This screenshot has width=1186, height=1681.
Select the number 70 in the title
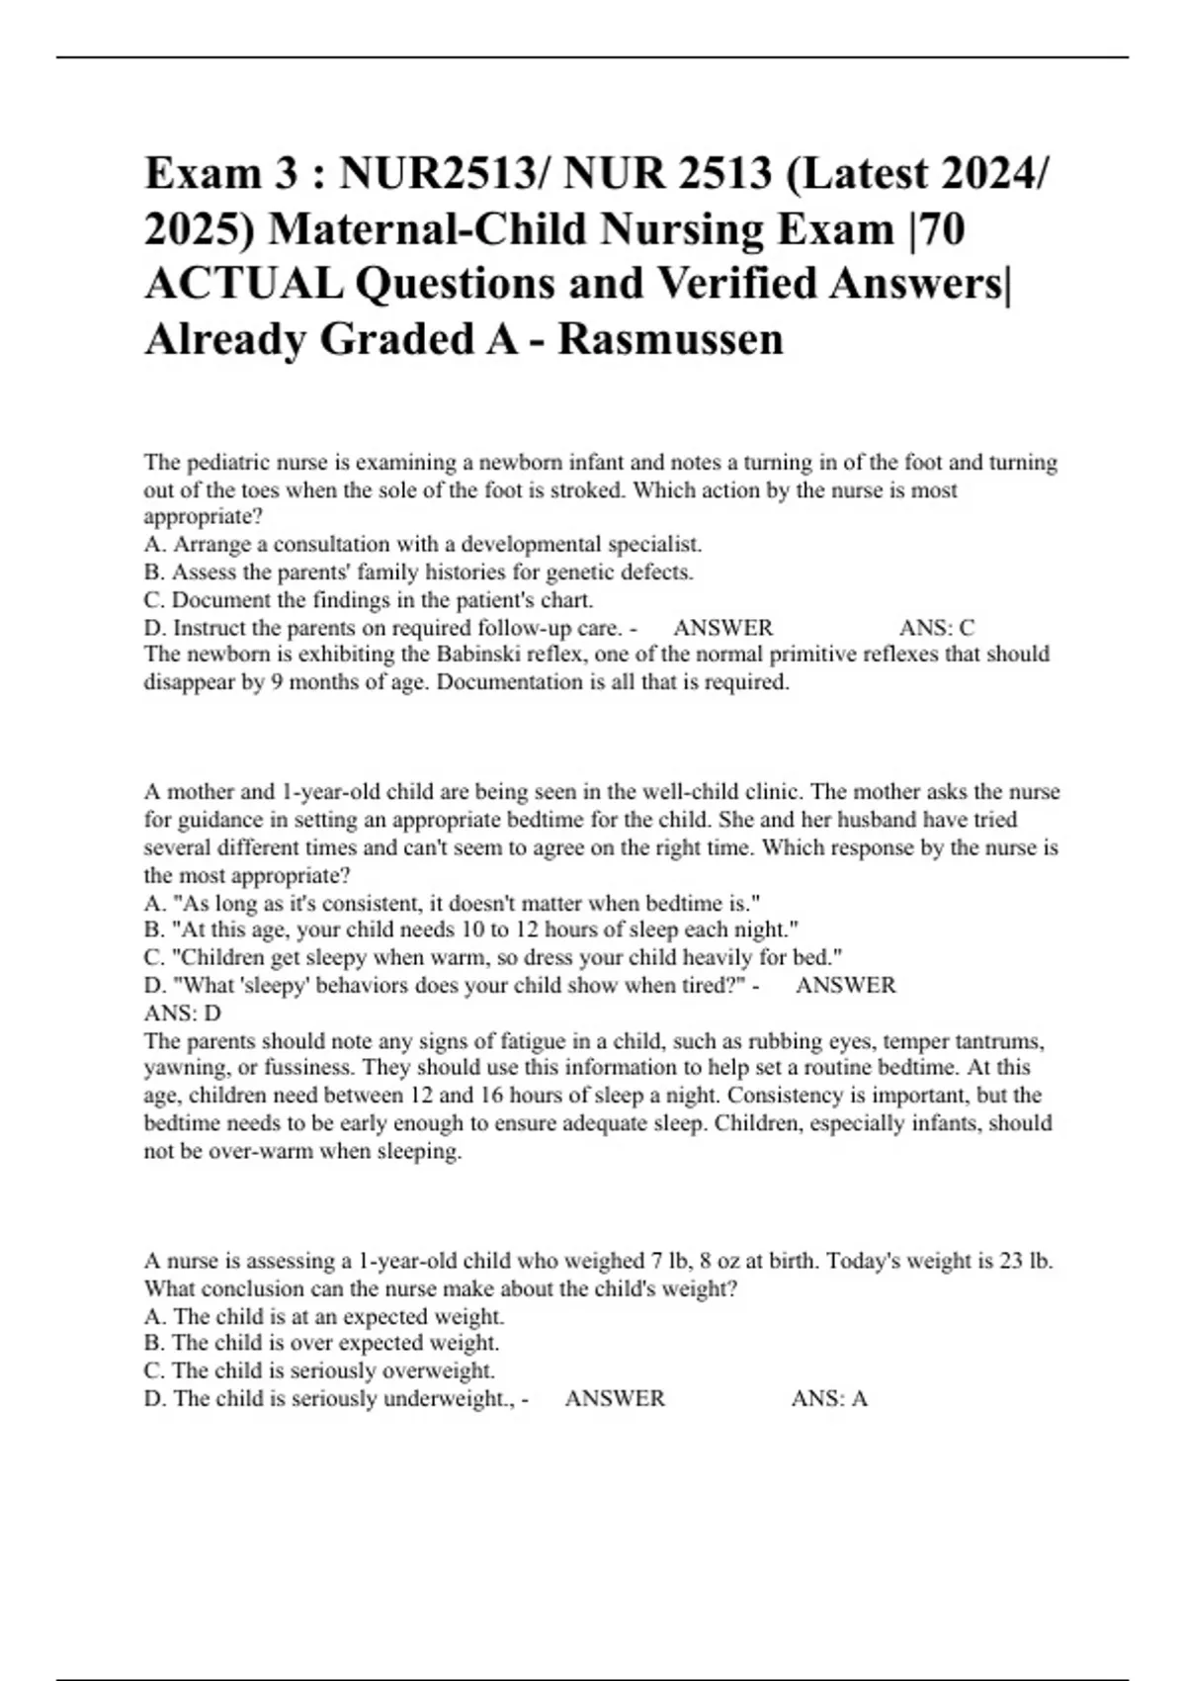[x=944, y=229]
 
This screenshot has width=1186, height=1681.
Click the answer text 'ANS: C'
[x=936, y=628]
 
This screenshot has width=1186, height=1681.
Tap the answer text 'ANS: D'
[x=183, y=1014]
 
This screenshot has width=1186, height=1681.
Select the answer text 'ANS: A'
[x=829, y=1399]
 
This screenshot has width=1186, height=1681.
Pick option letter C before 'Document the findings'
[x=152, y=600]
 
